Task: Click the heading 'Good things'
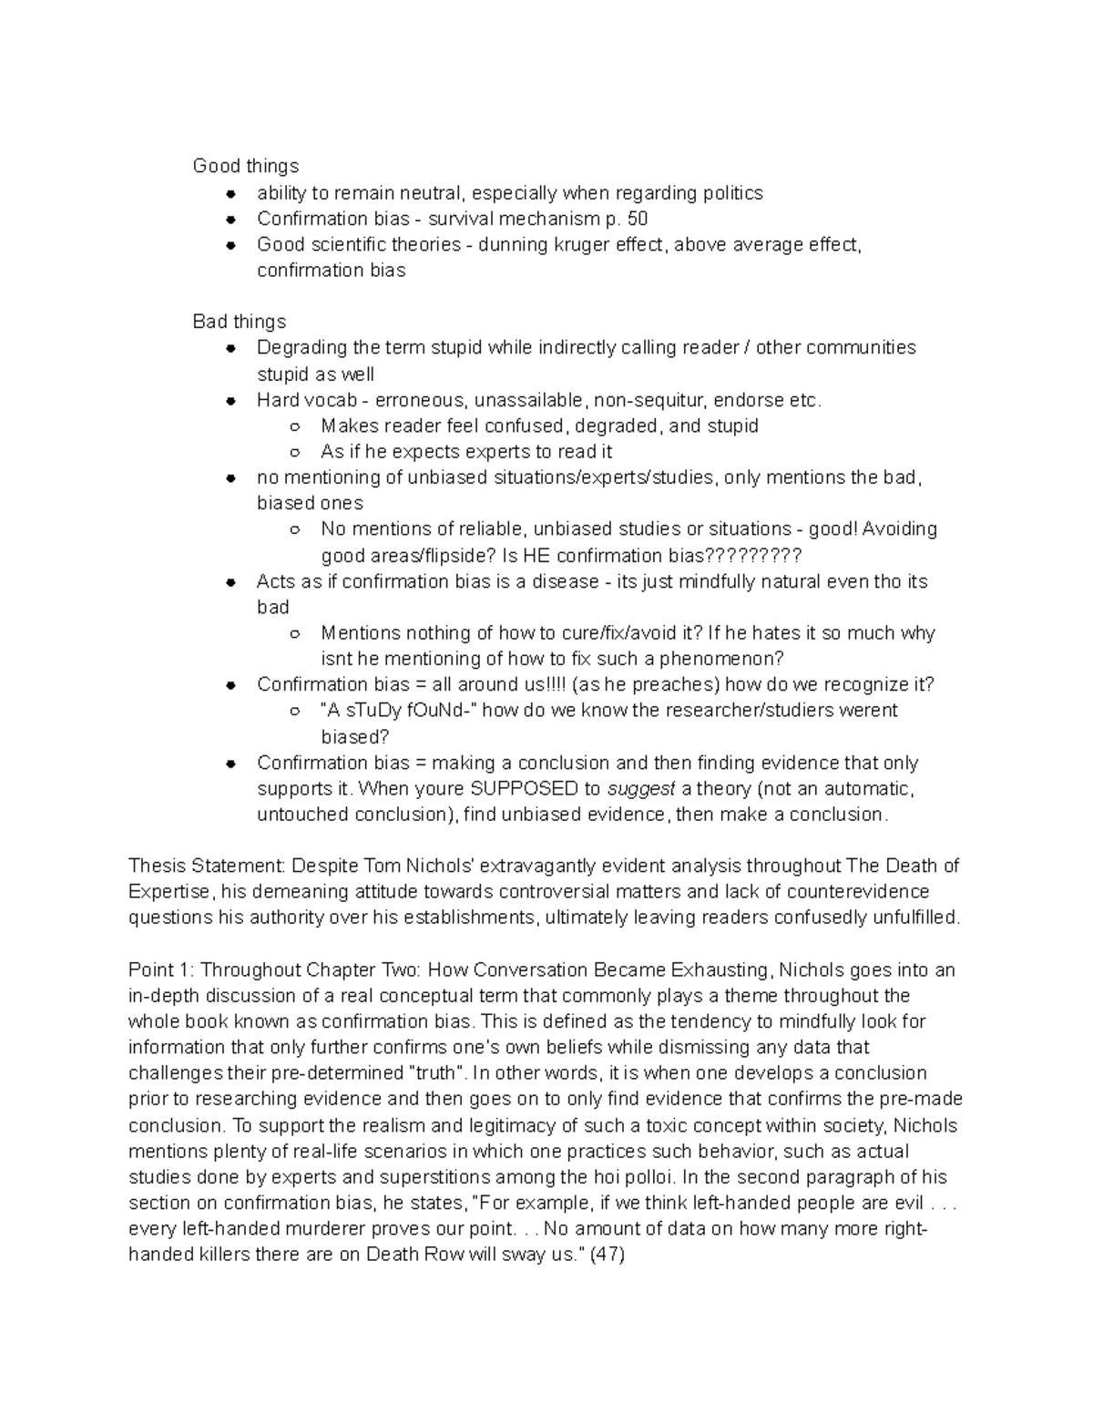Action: click(245, 166)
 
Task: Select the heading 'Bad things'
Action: click(239, 322)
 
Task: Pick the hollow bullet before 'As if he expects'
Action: click(294, 452)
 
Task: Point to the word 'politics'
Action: click(732, 193)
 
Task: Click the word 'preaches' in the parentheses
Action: click(657, 684)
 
